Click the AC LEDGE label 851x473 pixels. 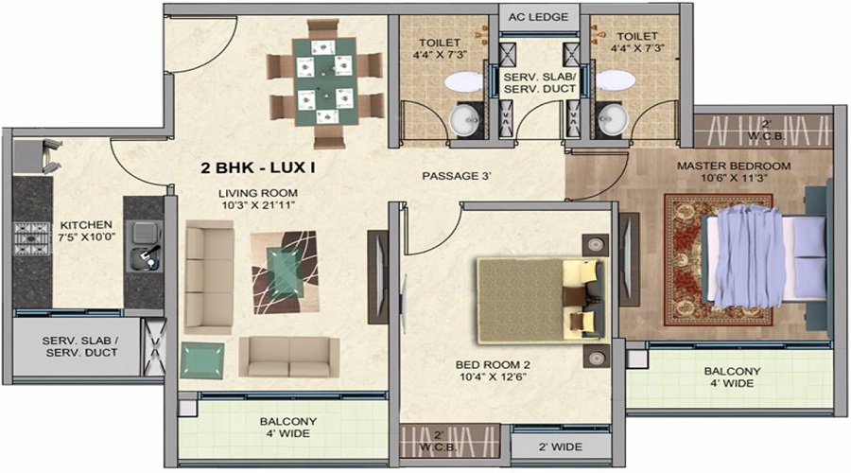pos(539,17)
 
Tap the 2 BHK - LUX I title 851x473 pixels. pos(257,169)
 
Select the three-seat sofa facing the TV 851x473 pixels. pos(209,276)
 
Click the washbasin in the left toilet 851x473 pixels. pos(464,117)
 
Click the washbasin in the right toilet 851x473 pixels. pos(612,117)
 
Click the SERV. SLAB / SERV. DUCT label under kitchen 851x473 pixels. pos(79,347)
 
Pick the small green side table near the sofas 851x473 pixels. pos(202,360)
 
